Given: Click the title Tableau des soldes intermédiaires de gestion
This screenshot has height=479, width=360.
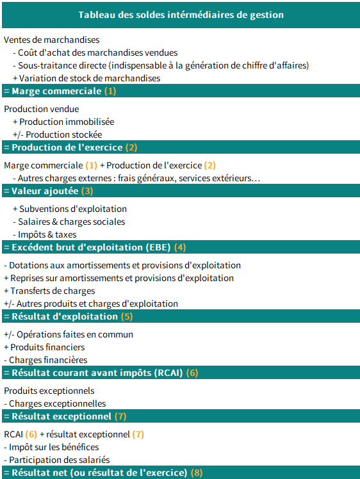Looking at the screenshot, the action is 180,14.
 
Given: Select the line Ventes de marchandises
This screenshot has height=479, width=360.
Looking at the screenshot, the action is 51,40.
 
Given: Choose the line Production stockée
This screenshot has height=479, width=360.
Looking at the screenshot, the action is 63,134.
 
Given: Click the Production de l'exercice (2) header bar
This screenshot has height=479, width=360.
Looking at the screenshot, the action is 70,147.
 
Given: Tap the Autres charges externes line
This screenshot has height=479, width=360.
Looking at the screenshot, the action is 138,178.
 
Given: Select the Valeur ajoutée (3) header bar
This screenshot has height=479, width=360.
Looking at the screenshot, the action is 49,191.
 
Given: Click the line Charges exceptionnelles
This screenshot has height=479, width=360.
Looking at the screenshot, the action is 58,403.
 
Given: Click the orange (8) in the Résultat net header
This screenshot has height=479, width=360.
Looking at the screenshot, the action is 196,473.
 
